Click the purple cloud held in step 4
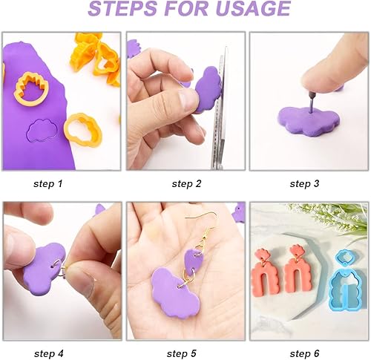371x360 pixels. tap(46, 264)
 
